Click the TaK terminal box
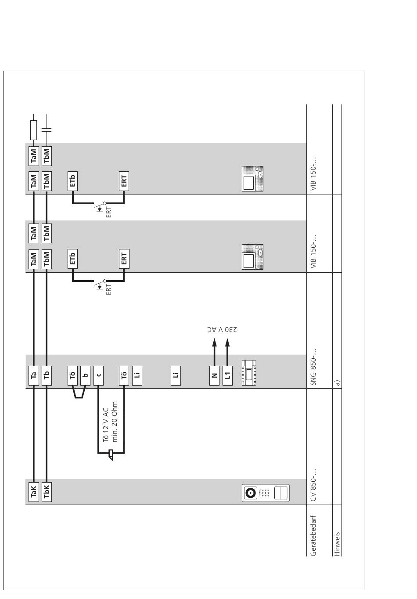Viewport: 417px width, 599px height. coord(34,491)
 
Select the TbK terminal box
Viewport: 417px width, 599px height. coord(47,491)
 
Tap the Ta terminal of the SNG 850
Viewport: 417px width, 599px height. coord(34,375)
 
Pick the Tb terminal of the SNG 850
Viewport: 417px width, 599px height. coord(47,375)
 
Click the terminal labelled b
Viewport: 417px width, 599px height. coord(85,375)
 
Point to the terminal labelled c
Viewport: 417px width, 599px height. coord(98,375)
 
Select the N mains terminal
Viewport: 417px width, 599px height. coord(214,375)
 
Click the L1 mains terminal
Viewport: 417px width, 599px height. coord(227,375)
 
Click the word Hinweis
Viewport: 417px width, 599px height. coord(337,544)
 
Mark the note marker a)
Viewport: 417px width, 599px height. coord(337,382)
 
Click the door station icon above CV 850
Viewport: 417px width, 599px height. coord(266,493)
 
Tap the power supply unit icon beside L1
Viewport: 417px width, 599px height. coord(248,373)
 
